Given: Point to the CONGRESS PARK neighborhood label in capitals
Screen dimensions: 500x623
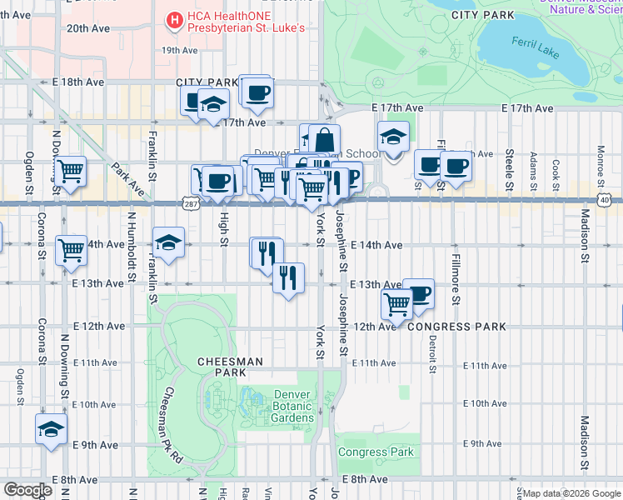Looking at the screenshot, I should tap(456, 327).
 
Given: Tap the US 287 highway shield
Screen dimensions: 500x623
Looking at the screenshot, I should tap(187, 204).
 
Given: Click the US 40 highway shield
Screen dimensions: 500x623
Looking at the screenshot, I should tap(604, 201).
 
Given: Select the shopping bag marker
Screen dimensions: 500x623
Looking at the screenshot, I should tap(324, 140).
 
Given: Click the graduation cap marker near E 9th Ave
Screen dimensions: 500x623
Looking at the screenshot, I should tap(51, 430).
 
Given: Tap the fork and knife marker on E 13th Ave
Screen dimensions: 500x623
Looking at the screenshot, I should tap(288, 277).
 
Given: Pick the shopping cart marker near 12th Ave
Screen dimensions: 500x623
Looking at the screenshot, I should tap(397, 304).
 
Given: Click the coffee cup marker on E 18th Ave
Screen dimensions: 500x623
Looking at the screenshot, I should tap(257, 92).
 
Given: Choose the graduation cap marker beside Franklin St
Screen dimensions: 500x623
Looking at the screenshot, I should tap(169, 244).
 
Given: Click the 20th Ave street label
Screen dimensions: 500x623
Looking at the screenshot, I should tap(88, 28).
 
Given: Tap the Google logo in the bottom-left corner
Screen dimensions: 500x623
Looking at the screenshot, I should tap(28, 490).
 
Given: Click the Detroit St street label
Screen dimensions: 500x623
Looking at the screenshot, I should tap(432, 354).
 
